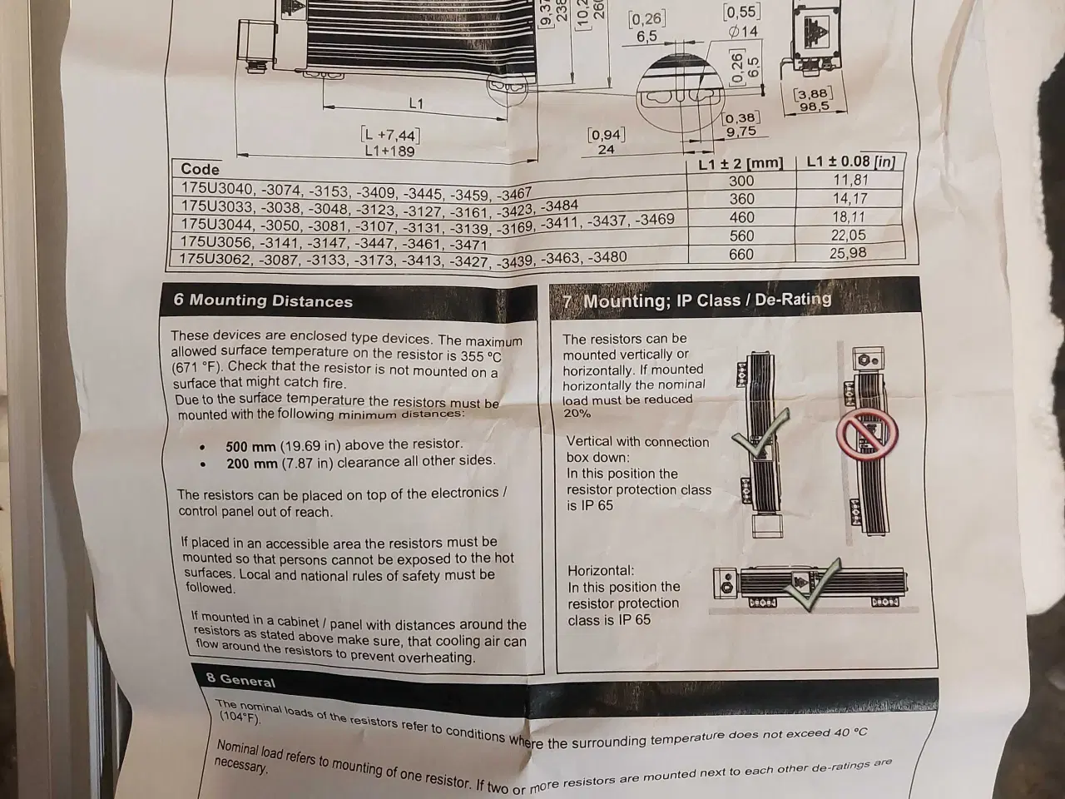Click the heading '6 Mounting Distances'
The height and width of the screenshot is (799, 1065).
(263, 300)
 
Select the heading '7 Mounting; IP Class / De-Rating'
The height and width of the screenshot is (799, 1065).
(697, 300)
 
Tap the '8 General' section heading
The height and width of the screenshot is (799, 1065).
(240, 680)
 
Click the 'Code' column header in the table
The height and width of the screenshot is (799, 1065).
(200, 169)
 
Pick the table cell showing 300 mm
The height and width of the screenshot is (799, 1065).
(741, 181)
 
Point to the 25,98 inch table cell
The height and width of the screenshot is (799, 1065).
(848, 253)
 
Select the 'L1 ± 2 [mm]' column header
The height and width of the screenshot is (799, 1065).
(741, 163)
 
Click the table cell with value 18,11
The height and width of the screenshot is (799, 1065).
(849, 217)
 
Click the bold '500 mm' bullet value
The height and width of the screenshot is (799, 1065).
(251, 446)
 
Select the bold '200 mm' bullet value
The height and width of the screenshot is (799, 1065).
(252, 464)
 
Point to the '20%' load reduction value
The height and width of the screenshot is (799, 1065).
(577, 414)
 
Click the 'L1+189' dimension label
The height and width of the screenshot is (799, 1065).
(389, 151)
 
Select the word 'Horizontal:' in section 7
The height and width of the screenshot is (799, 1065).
(601, 571)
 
